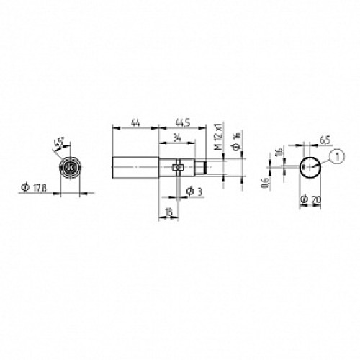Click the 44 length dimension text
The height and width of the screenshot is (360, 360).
(x=135, y=122)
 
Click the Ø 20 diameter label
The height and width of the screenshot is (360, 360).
(x=310, y=197)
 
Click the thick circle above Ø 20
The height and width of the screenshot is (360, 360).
(x=310, y=167)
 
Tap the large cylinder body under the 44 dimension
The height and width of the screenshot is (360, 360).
(x=135, y=168)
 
